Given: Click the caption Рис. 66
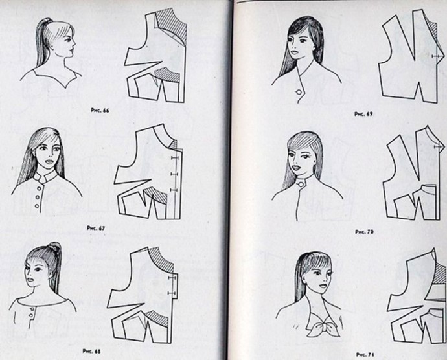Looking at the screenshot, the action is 100,110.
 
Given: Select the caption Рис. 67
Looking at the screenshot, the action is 96,228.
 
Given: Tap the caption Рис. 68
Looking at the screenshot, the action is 91,351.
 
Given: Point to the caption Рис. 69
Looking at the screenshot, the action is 363,114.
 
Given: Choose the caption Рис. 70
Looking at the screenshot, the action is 364,232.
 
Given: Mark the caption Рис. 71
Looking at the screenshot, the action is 365,355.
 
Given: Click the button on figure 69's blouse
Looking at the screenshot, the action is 299,92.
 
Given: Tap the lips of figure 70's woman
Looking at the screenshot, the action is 299,168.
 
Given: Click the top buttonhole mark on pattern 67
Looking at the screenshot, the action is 174,157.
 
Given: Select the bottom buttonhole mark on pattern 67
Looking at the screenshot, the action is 174,190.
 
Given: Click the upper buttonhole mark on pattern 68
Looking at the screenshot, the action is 172,277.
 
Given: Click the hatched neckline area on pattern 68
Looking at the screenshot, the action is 163,258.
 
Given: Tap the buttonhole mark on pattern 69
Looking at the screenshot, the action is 436,56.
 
